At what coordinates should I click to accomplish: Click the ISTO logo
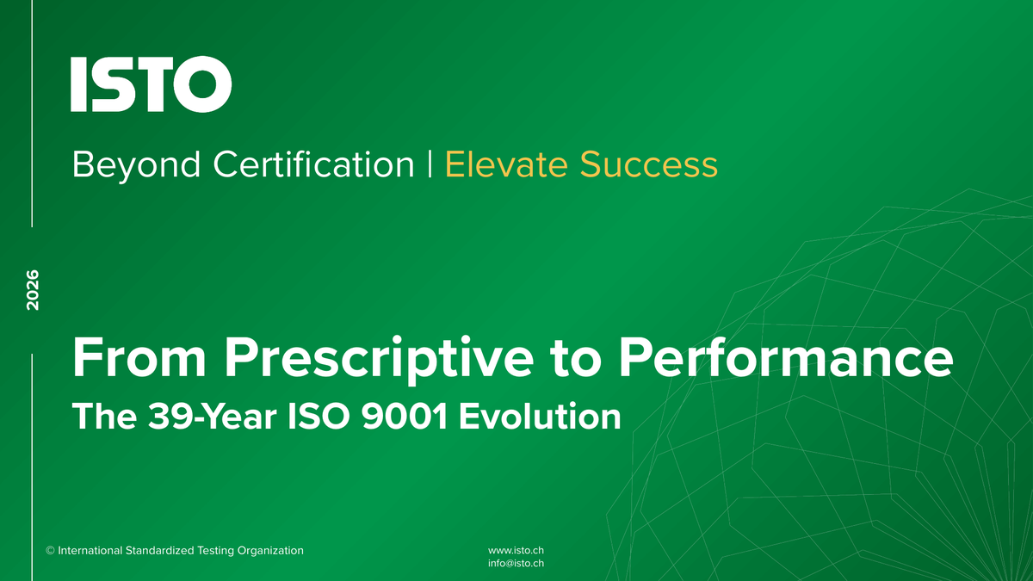[x=151, y=84]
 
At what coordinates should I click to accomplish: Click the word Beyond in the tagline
[x=137, y=165]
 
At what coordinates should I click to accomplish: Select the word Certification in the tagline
[x=313, y=164]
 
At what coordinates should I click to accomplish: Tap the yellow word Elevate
[x=506, y=164]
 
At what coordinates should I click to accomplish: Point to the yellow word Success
[x=649, y=165]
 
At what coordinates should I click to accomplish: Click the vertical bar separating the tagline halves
[x=430, y=164]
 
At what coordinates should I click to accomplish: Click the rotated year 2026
[x=33, y=290]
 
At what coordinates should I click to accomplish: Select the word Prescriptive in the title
[x=379, y=359]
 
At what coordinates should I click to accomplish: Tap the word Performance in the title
[x=786, y=358]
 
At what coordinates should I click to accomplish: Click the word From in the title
[x=139, y=358]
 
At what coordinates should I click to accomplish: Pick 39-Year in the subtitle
[x=212, y=417]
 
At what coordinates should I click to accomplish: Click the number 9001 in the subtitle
[x=404, y=417]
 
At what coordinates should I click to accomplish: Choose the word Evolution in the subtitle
[x=540, y=417]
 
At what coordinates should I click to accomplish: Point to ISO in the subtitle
[x=319, y=417]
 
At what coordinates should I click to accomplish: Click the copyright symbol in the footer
[x=50, y=551]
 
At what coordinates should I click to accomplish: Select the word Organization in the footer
[x=270, y=551]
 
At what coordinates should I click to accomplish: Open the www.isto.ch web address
[x=516, y=551]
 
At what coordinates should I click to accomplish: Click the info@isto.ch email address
[x=516, y=564]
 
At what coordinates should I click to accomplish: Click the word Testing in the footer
[x=215, y=551]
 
